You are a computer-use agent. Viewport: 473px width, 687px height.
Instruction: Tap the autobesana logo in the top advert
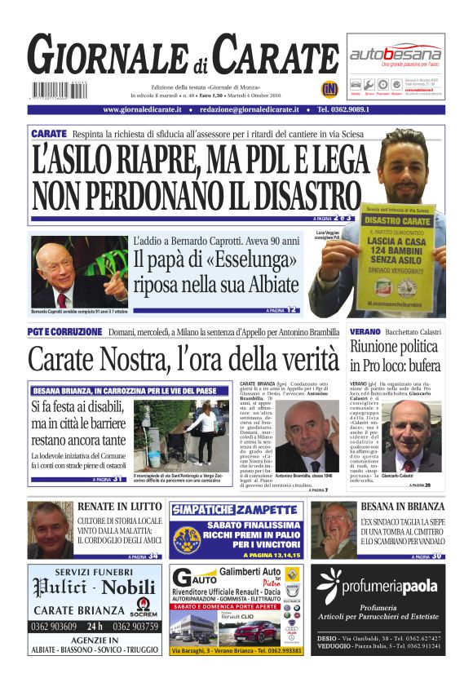click(x=396, y=54)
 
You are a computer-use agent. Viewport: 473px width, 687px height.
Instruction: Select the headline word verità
click(x=293, y=358)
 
